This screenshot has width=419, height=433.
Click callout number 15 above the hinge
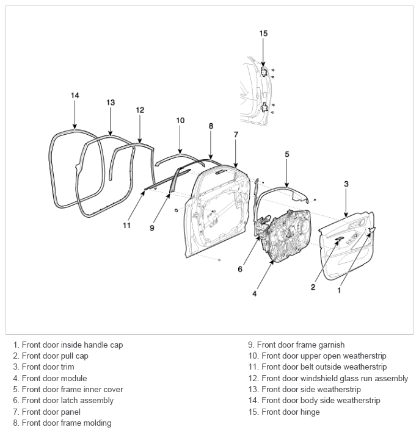263,34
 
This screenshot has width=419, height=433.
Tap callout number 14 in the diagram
75,96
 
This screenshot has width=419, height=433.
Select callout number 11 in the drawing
126,226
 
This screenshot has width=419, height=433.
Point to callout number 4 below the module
255,294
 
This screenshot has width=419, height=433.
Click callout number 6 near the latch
240,269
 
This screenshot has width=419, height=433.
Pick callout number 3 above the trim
346,184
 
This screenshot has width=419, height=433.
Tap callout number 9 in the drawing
152,228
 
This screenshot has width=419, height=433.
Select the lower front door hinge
264,107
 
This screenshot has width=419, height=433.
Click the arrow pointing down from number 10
180,140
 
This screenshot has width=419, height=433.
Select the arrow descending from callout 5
287,173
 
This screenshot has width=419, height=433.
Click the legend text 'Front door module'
54,378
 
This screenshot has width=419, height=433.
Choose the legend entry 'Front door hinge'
291,412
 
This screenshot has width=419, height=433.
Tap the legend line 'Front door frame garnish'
301,345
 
